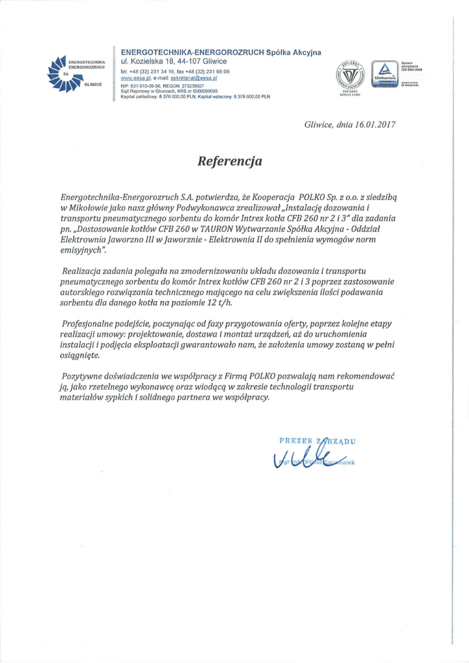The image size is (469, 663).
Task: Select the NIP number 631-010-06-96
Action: [146, 85]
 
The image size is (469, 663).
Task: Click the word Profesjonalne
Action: [90, 322]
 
